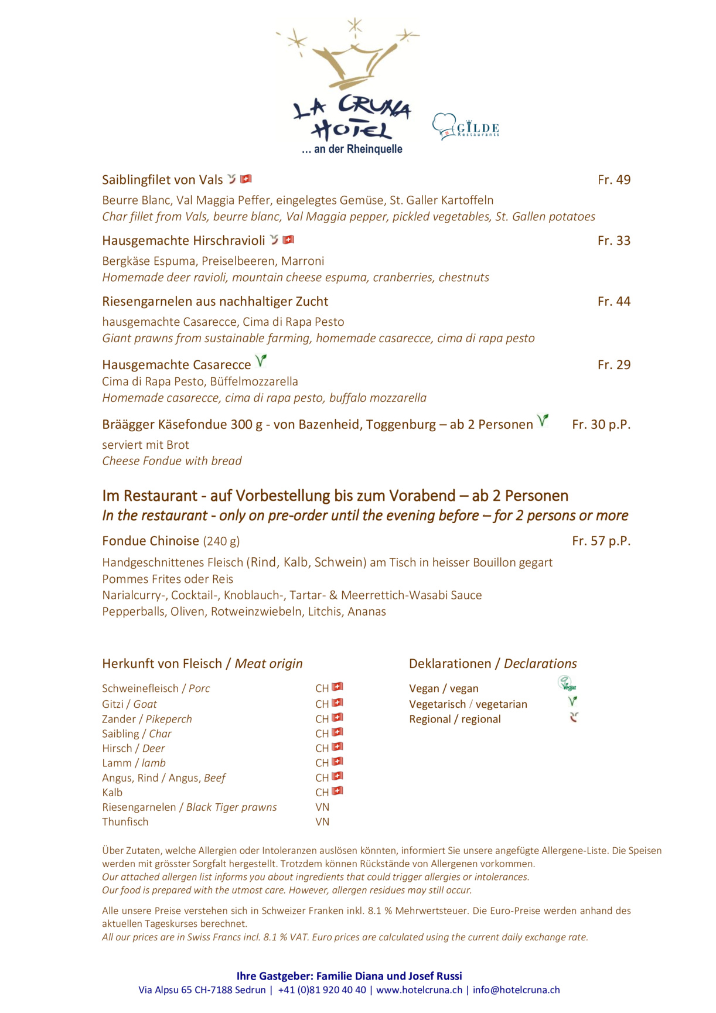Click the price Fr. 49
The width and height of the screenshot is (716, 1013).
coord(613,180)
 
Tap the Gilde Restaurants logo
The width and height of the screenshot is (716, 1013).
coord(466,127)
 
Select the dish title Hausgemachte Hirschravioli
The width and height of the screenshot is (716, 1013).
coord(183,241)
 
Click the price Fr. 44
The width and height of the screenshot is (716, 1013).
coord(613,302)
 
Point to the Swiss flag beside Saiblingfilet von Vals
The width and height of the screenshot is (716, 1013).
coord(246,179)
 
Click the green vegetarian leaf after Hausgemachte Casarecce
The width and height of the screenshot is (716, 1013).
coord(261,361)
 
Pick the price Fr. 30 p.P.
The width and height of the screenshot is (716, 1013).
coord(601,425)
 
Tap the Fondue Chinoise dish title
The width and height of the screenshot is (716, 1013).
coord(151,541)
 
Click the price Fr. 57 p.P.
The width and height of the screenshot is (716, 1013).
coord(601,541)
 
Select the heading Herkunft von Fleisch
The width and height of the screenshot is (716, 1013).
coord(162,664)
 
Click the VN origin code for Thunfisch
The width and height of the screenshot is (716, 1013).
coord(322,822)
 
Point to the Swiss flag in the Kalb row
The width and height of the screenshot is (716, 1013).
coord(337,791)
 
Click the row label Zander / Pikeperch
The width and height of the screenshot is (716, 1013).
coord(146,719)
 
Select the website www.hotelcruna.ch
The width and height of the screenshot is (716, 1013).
coord(419,990)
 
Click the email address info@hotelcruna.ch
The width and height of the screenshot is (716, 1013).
coord(516,990)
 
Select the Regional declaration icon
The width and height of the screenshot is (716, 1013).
coord(574,717)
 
